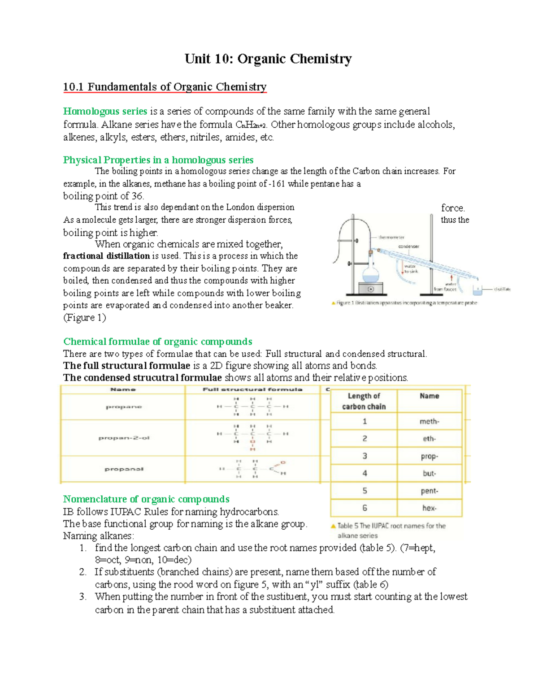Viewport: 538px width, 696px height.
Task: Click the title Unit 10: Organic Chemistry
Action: pyautogui.click(x=268, y=59)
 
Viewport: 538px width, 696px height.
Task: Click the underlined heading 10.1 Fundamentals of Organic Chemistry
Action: pyautogui.click(x=165, y=86)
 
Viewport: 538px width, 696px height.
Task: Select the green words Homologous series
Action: pyautogui.click(x=105, y=111)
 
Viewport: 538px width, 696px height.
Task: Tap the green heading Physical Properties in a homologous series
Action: pyautogui.click(x=158, y=160)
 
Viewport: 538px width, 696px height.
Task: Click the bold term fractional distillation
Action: pyautogui.click(x=106, y=256)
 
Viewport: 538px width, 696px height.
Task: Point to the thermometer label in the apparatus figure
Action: pyautogui.click(x=391, y=237)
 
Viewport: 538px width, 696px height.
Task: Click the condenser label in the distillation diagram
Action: pyautogui.click(x=408, y=246)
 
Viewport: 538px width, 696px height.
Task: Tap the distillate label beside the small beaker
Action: pyautogui.click(x=502, y=289)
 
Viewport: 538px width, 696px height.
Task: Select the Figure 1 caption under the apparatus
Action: pyautogui.click(x=406, y=303)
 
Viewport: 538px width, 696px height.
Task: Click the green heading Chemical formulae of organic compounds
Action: pyautogui.click(x=157, y=342)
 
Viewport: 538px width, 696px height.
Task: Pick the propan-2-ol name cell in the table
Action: pyautogui.click(x=124, y=438)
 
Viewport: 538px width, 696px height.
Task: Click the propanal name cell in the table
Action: pyautogui.click(x=124, y=469)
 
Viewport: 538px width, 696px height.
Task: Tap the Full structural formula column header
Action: pyautogui.click(x=252, y=389)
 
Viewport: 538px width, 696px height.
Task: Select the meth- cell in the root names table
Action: pyautogui.click(x=429, y=421)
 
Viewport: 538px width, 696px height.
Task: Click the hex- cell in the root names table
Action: pyautogui.click(x=429, y=508)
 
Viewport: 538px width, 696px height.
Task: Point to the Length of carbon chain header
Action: pyautogui.click(x=364, y=401)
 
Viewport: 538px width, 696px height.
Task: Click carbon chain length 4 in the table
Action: pyautogui.click(x=364, y=473)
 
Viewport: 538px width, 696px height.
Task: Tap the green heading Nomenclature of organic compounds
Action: pyautogui.click(x=146, y=499)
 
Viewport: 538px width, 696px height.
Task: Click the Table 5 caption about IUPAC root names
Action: pyautogui.click(x=391, y=530)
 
